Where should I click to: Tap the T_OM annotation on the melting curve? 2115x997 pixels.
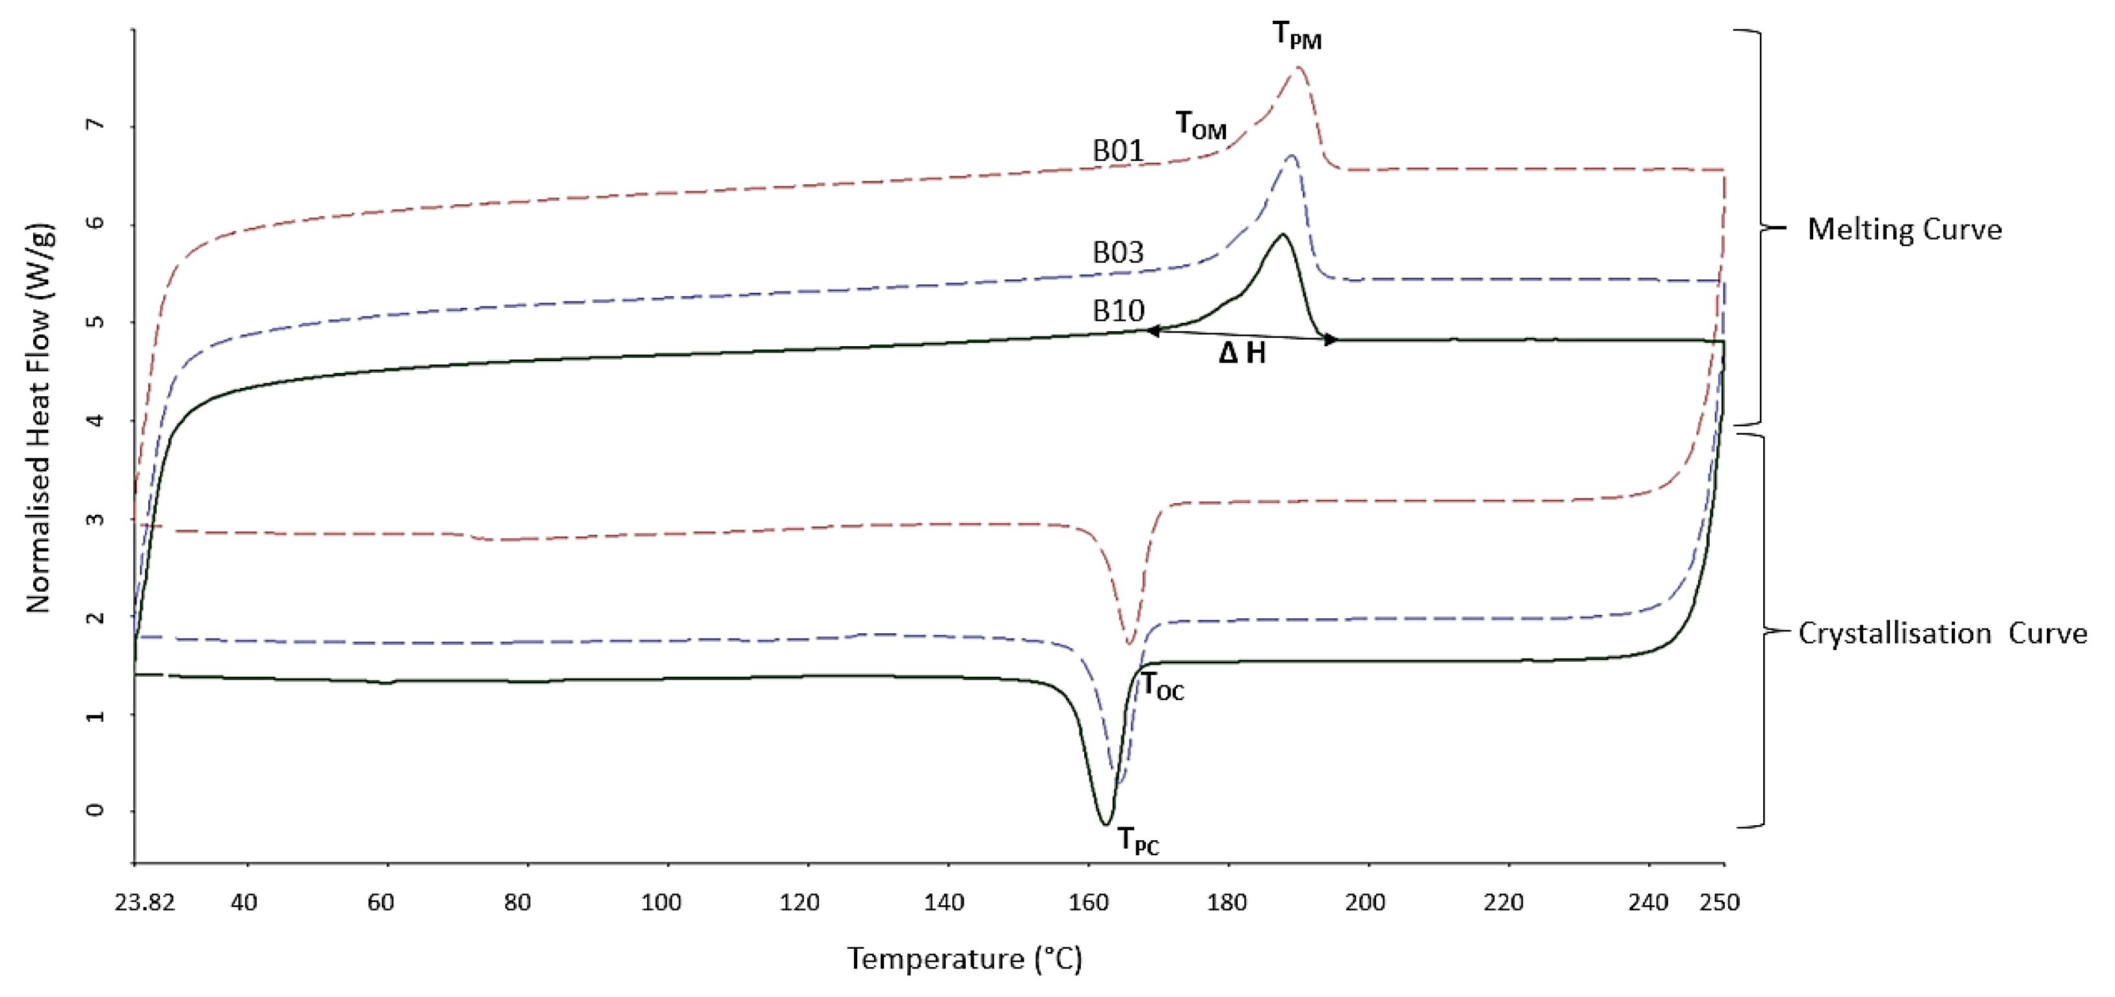(x=1201, y=125)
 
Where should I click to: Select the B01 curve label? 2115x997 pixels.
(x=1117, y=151)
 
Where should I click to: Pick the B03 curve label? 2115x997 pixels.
(x=1117, y=252)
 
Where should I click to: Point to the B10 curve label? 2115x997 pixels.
(x=1117, y=311)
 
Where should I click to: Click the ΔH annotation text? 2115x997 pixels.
(x=1242, y=353)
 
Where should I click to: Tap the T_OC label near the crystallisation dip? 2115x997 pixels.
(x=1163, y=686)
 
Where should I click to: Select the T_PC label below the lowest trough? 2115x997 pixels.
(x=1139, y=841)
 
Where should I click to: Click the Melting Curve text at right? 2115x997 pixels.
(x=1904, y=229)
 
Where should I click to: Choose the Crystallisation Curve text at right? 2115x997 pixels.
(x=1942, y=633)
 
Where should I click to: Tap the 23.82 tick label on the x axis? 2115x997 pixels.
(x=145, y=903)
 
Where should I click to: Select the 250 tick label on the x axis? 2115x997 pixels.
(x=1720, y=903)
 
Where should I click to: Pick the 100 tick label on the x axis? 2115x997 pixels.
(x=661, y=903)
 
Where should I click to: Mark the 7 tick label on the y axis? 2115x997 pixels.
(x=96, y=125)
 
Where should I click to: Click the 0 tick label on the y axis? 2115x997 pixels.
(x=96, y=811)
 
